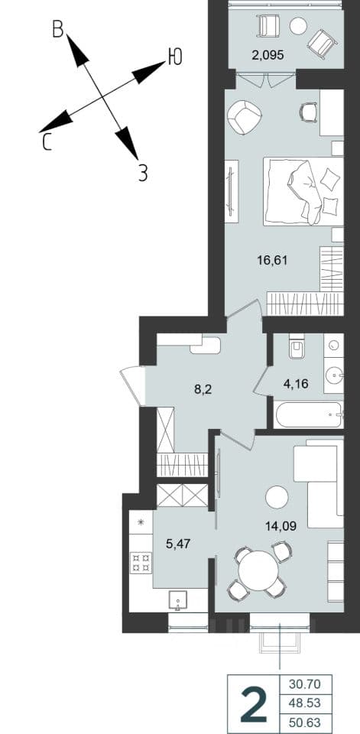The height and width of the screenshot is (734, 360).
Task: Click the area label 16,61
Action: pyautogui.click(x=271, y=260)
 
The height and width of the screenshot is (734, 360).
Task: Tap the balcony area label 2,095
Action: pyautogui.click(x=268, y=55)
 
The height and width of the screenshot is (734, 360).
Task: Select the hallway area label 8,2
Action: pyautogui.click(x=203, y=389)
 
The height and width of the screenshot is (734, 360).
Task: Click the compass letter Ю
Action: pyautogui.click(x=174, y=57)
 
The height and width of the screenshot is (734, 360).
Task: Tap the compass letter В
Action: pyautogui.click(x=58, y=30)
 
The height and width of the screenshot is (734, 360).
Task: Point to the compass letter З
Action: pyautogui.click(x=143, y=174)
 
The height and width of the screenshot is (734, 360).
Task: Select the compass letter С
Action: pyautogui.click(x=47, y=142)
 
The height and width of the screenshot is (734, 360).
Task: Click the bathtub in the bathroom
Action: pyautogui.click(x=309, y=414)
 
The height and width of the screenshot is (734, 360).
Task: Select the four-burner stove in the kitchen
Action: pyautogui.click(x=141, y=563)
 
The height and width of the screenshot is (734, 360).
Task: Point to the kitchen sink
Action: pyautogui.click(x=178, y=600)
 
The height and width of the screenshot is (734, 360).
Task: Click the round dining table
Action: pyautogui.click(x=258, y=571)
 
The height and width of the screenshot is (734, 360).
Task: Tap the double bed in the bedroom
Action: pyautogui.click(x=303, y=191)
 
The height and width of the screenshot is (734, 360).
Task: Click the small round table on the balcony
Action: pyautogui.click(x=298, y=26)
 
